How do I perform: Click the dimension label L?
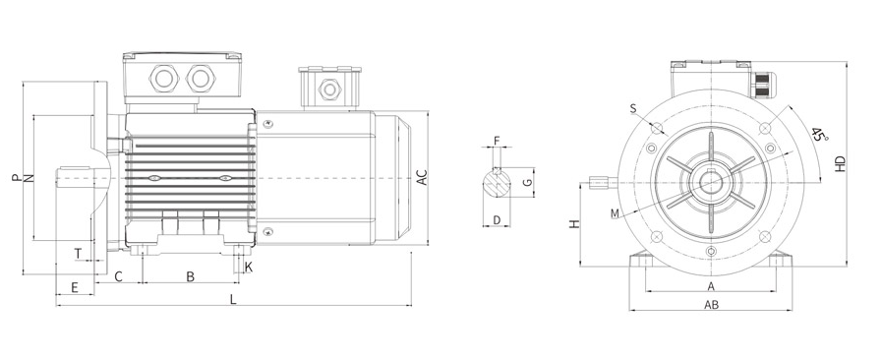coord(233,299)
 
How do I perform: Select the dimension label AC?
coord(422,177)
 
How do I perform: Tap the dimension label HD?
coord(840,163)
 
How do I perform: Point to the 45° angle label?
coord(820,135)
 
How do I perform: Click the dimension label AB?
coord(712,305)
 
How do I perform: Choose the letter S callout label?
coord(633,108)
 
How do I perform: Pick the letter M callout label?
coord(615,213)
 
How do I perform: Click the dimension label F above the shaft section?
coord(497,140)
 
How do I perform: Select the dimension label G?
coord(526,182)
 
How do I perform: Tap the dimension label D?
coord(497,220)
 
